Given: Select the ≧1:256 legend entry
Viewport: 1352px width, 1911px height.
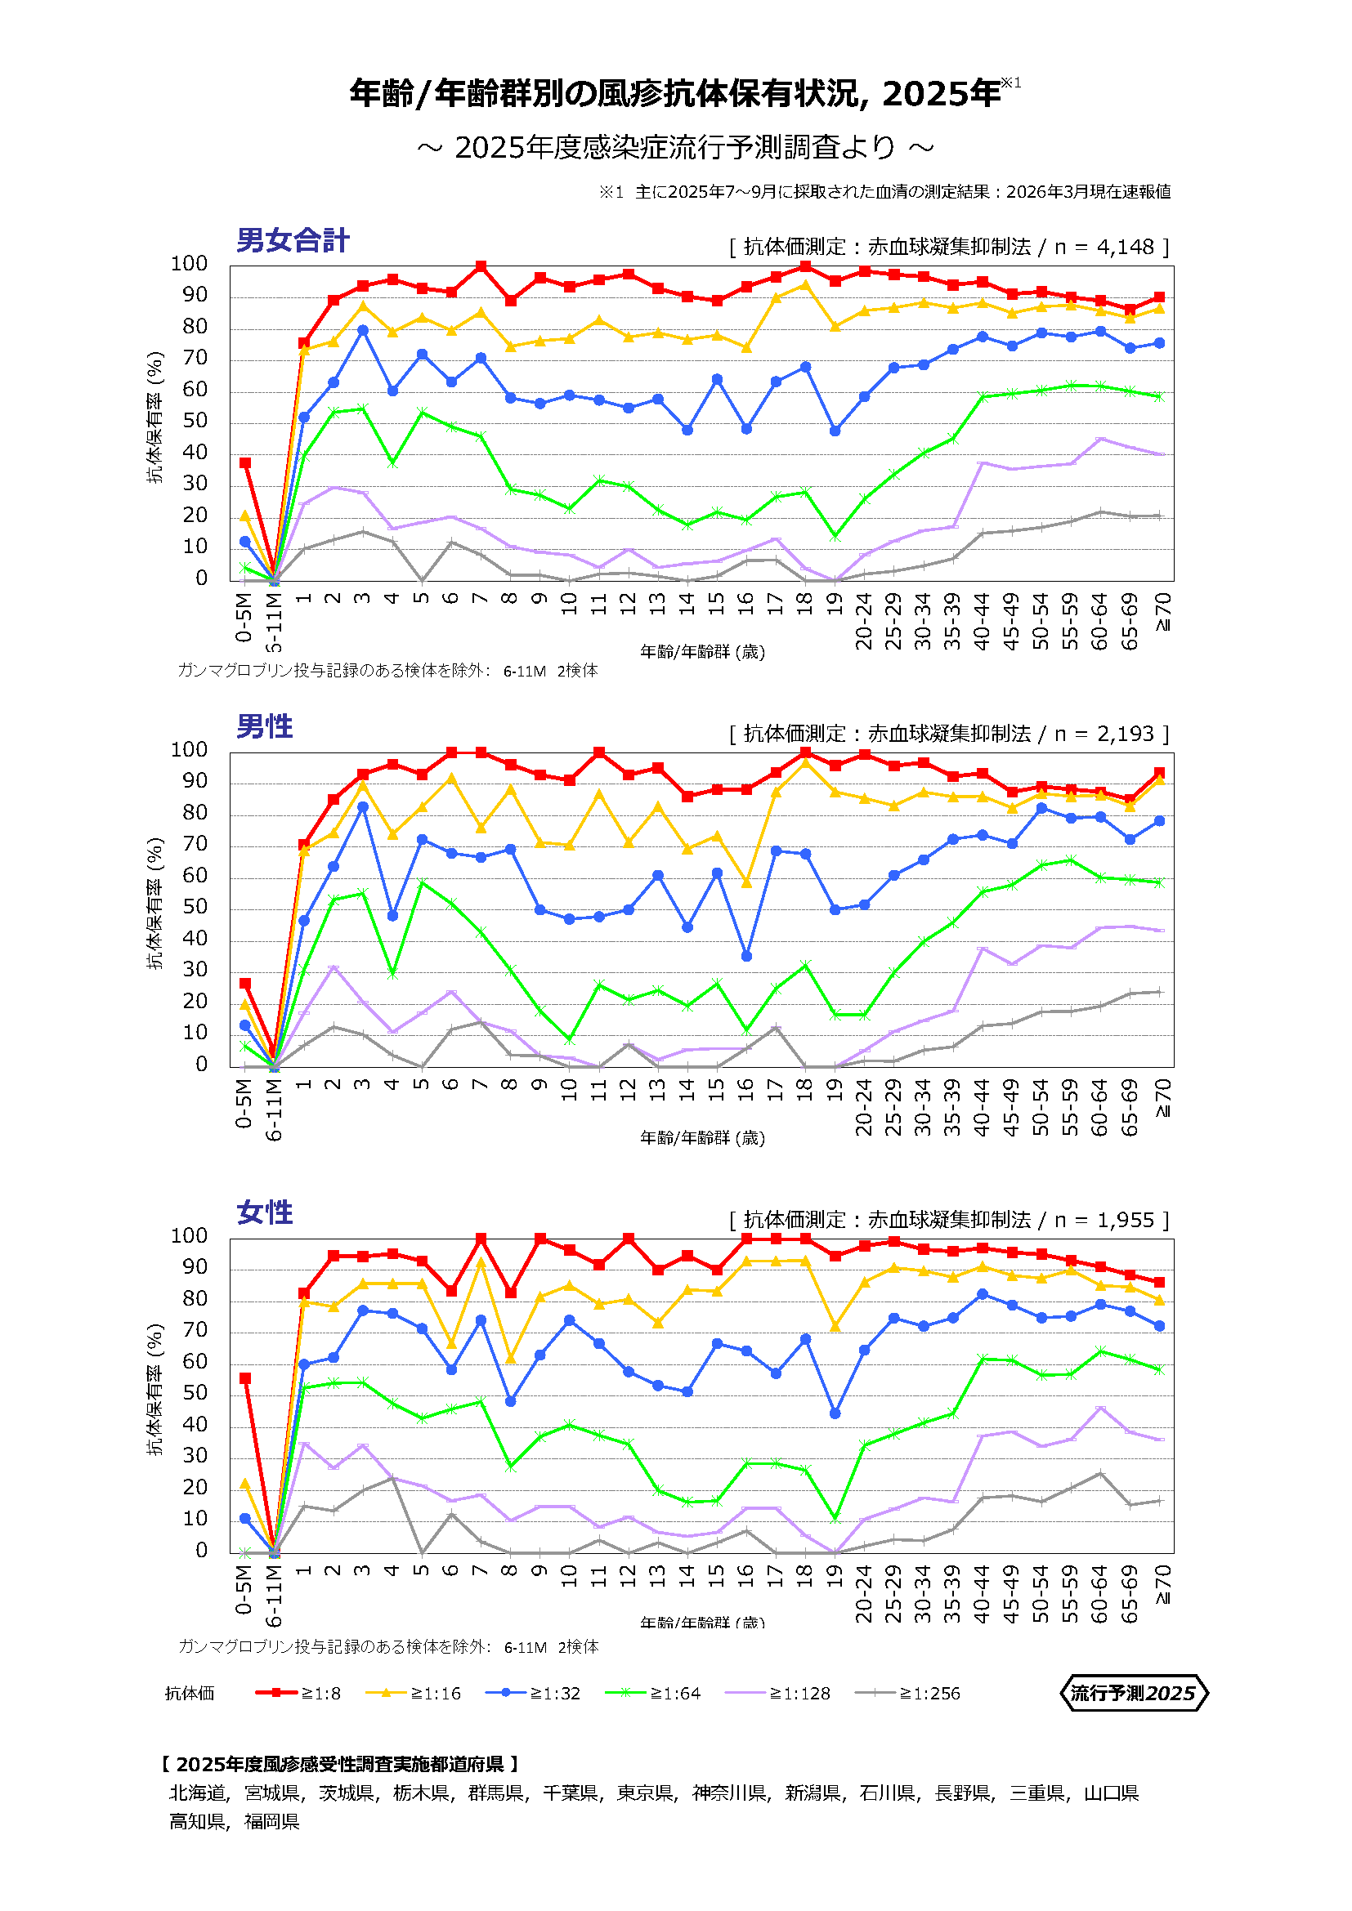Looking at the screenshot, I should (908, 1693).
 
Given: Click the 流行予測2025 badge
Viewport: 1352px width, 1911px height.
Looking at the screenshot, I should (1133, 1693).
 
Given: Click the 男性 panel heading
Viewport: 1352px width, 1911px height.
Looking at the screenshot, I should (265, 726).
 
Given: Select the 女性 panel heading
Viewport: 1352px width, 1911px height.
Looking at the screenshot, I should (265, 1212).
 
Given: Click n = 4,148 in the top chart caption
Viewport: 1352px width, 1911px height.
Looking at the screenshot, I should (1107, 248).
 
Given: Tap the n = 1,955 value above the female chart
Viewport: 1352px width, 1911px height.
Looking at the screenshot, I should (1107, 1220).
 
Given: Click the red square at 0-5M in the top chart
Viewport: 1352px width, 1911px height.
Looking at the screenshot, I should (244, 462).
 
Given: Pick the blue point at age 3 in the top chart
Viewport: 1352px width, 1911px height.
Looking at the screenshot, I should (363, 330).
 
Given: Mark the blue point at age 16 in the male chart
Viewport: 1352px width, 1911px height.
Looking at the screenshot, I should (747, 957).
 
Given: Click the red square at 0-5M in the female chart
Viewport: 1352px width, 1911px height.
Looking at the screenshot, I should (244, 1378).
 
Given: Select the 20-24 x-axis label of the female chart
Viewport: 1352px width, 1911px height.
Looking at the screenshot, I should (864, 1593).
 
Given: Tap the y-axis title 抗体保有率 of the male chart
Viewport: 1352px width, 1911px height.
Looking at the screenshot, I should (155, 904).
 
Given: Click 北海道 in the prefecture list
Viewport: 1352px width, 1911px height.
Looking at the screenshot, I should (197, 1792).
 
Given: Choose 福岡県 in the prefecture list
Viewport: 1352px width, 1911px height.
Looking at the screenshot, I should (271, 1821).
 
